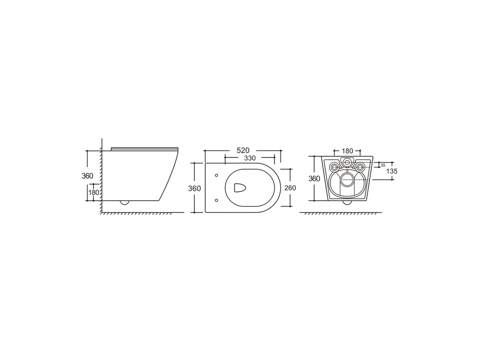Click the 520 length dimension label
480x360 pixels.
tap(243, 151)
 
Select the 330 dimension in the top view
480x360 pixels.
tap(250, 158)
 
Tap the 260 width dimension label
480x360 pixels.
tap(290, 188)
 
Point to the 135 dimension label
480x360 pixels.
tap(392, 171)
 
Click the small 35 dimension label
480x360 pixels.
tap(383, 166)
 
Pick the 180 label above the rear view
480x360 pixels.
tap(347, 151)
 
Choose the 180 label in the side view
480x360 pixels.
tap(94, 192)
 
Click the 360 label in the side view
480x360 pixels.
tap(87, 176)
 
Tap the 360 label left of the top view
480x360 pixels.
tap(194, 188)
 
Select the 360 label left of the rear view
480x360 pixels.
tap(314, 178)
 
